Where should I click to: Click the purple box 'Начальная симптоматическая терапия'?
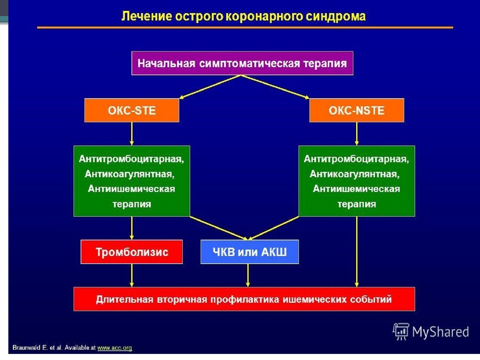[242, 63]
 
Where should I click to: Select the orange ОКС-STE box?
[132, 111]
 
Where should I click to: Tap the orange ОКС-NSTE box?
[356, 111]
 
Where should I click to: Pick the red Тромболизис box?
[132, 252]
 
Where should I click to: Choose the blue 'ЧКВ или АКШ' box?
[249, 252]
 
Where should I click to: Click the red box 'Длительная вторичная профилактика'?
[244, 299]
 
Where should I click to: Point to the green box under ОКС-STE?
[132, 181]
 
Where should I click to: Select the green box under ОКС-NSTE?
[356, 181]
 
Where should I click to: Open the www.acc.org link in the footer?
[114, 348]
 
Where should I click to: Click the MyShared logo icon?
[401, 331]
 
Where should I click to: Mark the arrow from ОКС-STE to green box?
[132, 134]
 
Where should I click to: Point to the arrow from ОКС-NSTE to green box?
[357, 134]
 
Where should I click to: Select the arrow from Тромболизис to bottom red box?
[132, 275]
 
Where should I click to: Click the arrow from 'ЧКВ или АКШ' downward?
[248, 275]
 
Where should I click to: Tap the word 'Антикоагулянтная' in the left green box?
[130, 174]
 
